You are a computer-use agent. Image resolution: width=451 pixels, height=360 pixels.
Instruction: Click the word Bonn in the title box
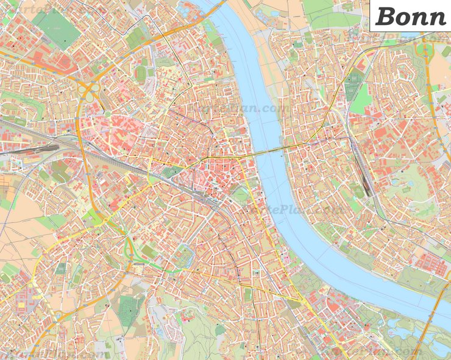pos(411,16)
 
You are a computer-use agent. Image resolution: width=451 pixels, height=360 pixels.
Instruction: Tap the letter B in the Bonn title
pos(385,16)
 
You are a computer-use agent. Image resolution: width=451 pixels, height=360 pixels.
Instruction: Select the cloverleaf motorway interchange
pos(89,93)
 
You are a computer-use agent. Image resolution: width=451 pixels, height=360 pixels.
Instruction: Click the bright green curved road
pos(129,247)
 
